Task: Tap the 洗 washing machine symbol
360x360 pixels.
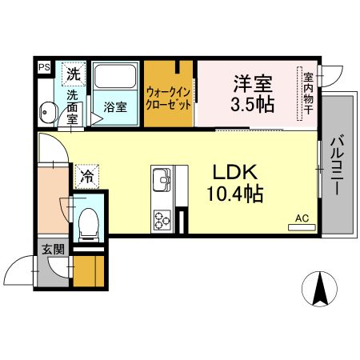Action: (x=73, y=73)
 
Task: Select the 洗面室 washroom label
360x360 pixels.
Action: (x=73, y=105)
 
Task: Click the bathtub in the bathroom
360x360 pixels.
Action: (x=115, y=78)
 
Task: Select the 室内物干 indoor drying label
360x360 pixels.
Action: (x=308, y=94)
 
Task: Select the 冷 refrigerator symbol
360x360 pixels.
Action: (x=85, y=172)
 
